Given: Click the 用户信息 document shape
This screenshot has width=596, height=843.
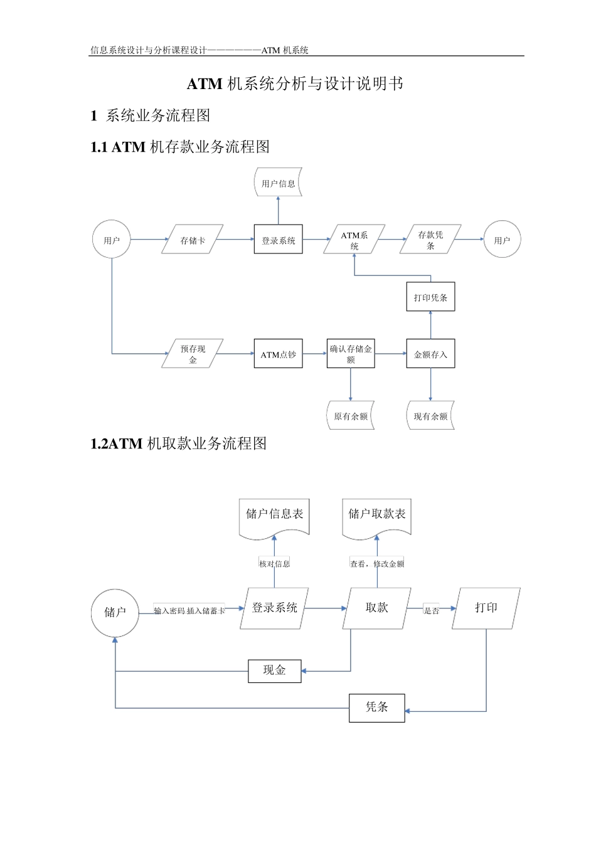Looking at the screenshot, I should click(278, 183).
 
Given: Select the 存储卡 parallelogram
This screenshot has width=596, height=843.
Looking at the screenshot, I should click(193, 240).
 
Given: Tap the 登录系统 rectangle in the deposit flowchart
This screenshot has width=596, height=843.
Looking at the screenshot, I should click(278, 240).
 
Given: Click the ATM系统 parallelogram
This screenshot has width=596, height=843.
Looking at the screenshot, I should click(354, 240).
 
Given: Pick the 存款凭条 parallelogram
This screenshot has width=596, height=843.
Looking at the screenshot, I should click(430, 240).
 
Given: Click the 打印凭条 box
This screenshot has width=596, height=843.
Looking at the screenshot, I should click(430, 297).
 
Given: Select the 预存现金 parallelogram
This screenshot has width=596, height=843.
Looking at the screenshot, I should click(193, 354).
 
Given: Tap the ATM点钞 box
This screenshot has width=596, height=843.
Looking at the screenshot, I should click(278, 354).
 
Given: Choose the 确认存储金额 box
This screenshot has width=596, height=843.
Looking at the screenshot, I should click(351, 354).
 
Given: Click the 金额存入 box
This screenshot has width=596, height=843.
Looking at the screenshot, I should click(430, 354).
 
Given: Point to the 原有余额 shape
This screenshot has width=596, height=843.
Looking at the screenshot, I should click(351, 415).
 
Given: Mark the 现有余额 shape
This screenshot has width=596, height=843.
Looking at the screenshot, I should click(430, 415).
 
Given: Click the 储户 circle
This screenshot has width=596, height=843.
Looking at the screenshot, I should click(115, 612).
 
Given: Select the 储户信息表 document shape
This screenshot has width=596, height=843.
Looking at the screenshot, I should click(274, 516).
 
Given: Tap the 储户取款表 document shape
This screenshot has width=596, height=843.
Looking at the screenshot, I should click(377, 516).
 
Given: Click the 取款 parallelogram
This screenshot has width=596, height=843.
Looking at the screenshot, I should click(377, 608).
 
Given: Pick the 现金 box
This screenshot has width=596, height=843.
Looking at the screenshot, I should click(274, 671).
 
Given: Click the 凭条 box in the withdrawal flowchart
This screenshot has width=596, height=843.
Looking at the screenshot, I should click(377, 708).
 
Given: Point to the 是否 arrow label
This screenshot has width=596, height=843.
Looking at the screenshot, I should click(431, 610).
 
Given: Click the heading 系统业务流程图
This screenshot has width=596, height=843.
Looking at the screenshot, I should click(158, 115).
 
